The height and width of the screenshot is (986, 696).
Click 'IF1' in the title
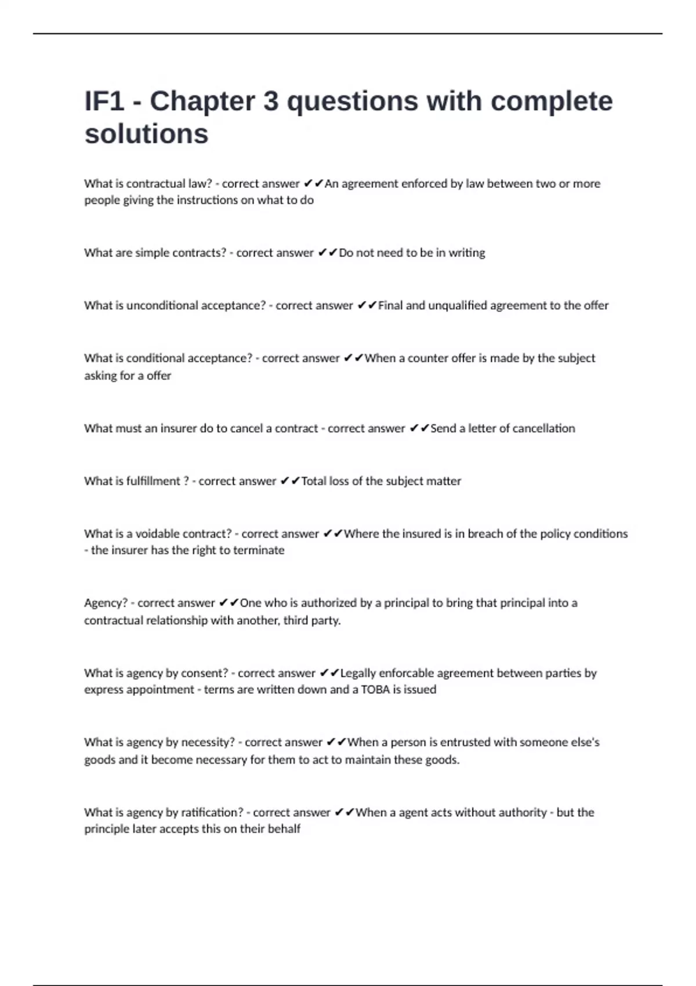104,101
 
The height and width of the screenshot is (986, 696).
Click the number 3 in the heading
271,101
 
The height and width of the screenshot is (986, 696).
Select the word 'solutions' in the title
146,133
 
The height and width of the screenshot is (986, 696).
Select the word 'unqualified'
458,306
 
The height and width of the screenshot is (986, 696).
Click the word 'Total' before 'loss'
313,481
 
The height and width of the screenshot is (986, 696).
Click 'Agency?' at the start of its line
106,603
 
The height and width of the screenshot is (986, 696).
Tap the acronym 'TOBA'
375,690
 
